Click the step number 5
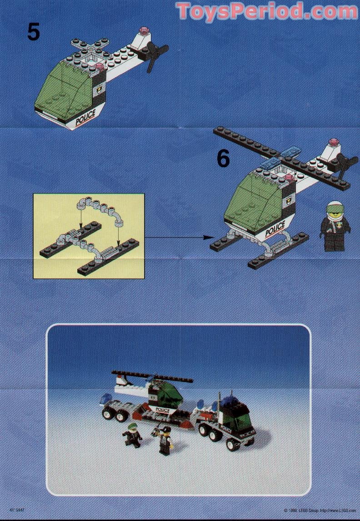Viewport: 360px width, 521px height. [33, 31]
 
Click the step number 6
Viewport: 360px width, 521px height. [223, 158]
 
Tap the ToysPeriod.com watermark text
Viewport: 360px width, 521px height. [267, 11]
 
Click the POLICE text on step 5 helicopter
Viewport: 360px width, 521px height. [85, 117]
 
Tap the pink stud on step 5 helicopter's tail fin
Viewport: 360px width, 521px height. [145, 31]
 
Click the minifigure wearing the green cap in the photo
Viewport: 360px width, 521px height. [132, 434]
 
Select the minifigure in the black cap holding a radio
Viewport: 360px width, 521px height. [165, 439]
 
